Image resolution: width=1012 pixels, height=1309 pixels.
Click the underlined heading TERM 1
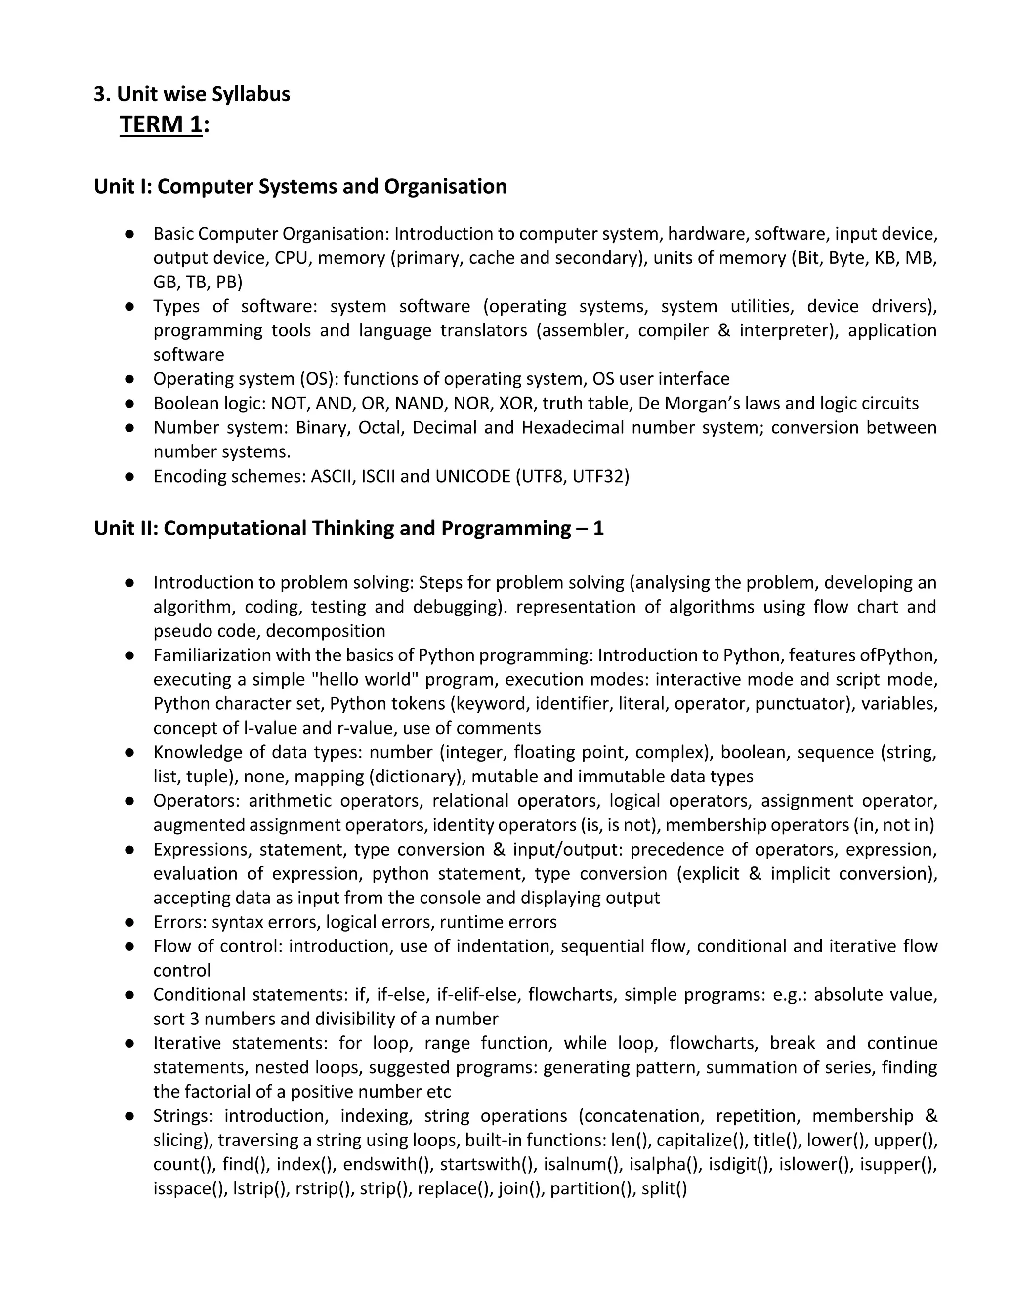[161, 124]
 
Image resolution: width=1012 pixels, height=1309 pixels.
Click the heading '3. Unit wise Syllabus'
[192, 94]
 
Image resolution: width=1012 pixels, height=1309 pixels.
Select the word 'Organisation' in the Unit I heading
[445, 186]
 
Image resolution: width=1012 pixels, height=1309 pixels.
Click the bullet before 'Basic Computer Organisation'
[129, 234]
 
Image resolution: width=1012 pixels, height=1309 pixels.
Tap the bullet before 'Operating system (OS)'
[129, 379]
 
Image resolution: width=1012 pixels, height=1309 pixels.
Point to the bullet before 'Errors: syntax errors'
[129, 922]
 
